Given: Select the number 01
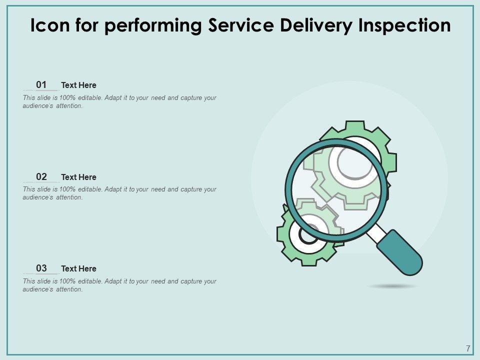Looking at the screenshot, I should click(x=41, y=84).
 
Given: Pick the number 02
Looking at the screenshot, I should click(x=41, y=176).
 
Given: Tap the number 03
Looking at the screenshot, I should click(x=41, y=268).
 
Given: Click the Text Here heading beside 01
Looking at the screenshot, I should click(x=78, y=85).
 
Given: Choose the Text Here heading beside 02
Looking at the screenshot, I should click(x=78, y=177).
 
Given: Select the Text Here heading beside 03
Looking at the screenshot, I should click(x=78, y=269).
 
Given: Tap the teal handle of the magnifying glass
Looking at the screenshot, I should click(x=399, y=252).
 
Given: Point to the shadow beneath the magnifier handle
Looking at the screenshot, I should click(x=393, y=286).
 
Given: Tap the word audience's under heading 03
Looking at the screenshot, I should click(x=38, y=289).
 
